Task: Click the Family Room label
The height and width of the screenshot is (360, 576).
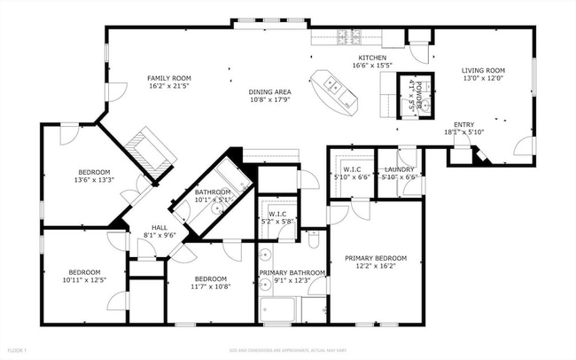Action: [168, 78]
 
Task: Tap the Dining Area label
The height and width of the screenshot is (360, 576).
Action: [270, 91]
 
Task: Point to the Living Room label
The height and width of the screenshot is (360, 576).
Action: [482, 71]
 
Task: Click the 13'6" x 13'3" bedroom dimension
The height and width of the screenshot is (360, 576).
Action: [93, 181]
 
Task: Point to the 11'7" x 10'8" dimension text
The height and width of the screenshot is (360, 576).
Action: [211, 286]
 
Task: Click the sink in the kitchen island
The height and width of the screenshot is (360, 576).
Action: [333, 85]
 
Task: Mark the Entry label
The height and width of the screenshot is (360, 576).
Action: [463, 125]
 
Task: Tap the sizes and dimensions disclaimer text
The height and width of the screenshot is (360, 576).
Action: [287, 351]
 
